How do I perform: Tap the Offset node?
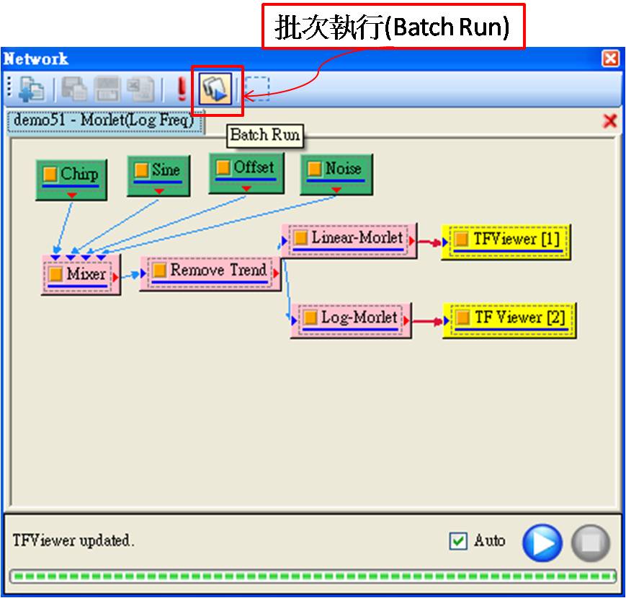245,172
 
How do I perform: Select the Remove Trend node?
210,272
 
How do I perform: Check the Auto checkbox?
458,541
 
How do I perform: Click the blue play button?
542,542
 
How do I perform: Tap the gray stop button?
591,542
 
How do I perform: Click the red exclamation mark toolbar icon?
181,89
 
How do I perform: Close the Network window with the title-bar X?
610,59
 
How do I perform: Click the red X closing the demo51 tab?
609,121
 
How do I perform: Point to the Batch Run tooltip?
264,135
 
